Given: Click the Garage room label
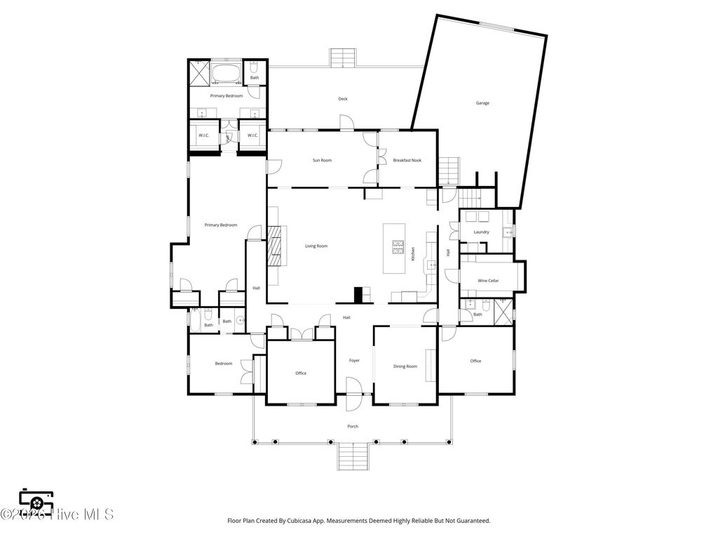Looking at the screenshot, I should coord(482,103).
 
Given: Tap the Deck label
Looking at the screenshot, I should coord(343,99).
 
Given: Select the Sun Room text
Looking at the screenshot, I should coord(322,160).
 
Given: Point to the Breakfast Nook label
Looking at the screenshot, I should coord(407,160).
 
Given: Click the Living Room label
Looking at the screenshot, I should coord(316,246).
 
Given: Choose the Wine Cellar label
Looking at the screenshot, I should coord(488,281).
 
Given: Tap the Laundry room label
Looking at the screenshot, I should coord(481,232).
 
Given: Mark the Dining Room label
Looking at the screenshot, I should coord(405,366).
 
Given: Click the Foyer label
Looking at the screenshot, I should coord(354,361).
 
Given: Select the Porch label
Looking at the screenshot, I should coord(353,426).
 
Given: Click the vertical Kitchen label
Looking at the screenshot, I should coord(413,254).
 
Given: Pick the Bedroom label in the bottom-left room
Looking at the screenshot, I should coord(223,364).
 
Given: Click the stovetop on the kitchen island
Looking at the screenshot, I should coord(398,246).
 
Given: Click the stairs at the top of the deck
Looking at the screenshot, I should coord(343,58).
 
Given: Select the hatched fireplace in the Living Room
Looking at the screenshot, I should coord(276,246).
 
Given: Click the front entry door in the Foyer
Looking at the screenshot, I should coord(353,387).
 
